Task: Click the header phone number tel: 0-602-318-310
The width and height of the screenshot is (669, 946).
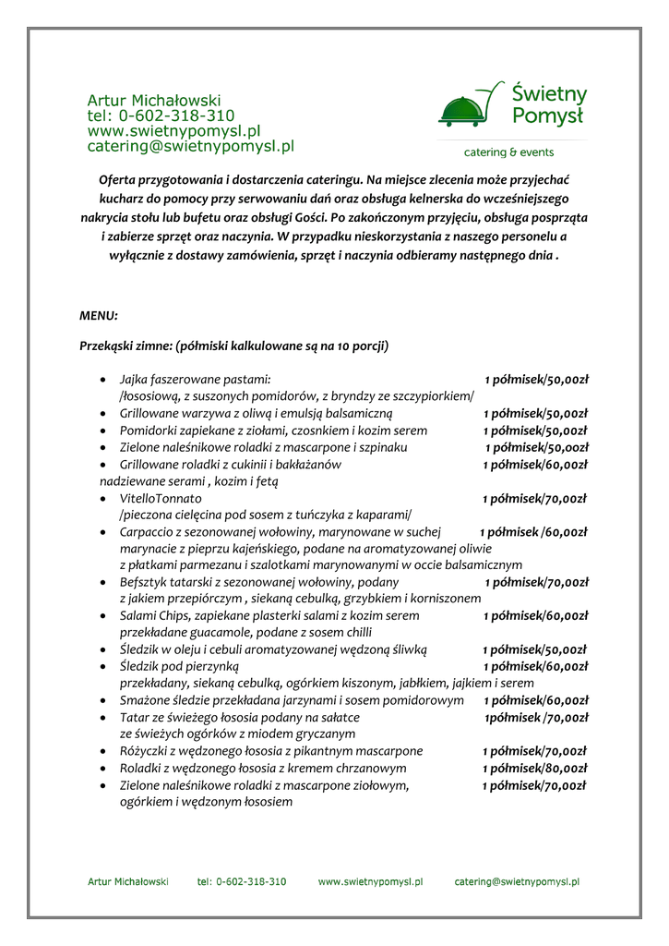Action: [x=161, y=115]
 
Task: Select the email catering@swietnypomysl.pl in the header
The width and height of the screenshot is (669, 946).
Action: [x=190, y=146]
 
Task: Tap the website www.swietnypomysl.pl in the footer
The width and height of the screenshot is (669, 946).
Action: [x=370, y=882]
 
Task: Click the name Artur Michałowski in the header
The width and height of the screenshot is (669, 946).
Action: [x=154, y=100]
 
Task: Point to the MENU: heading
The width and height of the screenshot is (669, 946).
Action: [x=99, y=316]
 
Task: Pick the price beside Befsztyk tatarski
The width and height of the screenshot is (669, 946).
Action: [x=536, y=582]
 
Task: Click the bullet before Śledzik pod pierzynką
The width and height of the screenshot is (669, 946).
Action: [x=102, y=666]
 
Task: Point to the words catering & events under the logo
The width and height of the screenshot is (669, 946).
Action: [x=508, y=152]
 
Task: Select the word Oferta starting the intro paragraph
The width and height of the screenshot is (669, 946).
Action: [x=116, y=179]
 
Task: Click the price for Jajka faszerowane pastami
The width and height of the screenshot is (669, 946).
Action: [x=537, y=380]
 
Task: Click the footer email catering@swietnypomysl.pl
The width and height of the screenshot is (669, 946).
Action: [x=517, y=882]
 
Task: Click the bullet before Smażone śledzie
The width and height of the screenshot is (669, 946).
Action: [x=102, y=701]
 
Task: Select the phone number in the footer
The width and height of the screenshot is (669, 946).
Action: [x=242, y=882]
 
